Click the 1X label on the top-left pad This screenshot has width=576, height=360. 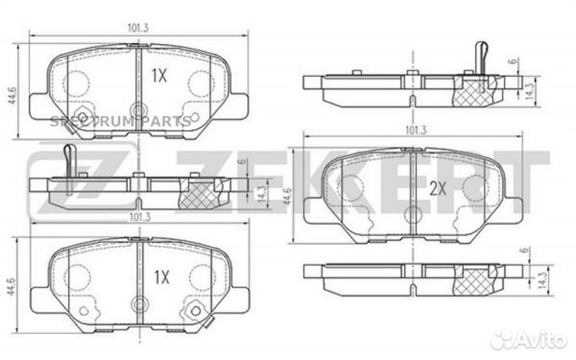click(x=159, y=76)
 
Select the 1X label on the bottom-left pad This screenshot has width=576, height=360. click(x=162, y=277)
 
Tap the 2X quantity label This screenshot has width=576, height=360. click(x=438, y=189)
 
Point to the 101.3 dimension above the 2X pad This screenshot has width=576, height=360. click(x=416, y=130)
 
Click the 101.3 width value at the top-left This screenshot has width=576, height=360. click(x=138, y=28)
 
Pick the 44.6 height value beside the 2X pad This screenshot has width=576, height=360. click(x=287, y=196)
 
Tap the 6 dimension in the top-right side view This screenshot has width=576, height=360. click(x=514, y=61)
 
